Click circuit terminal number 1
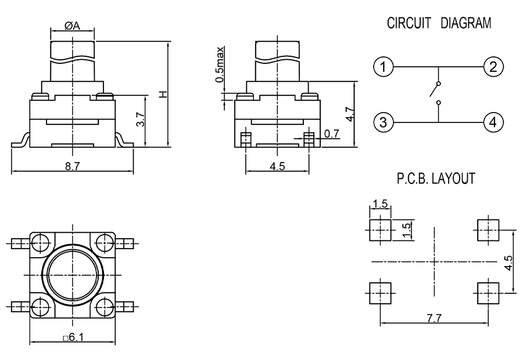pyautogui.click(x=381, y=67)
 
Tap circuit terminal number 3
pyautogui.click(x=381, y=122)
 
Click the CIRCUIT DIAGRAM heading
pyautogui.click(x=438, y=24)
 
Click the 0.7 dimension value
pyautogui.click(x=332, y=134)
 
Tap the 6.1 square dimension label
pyautogui.click(x=73, y=337)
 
